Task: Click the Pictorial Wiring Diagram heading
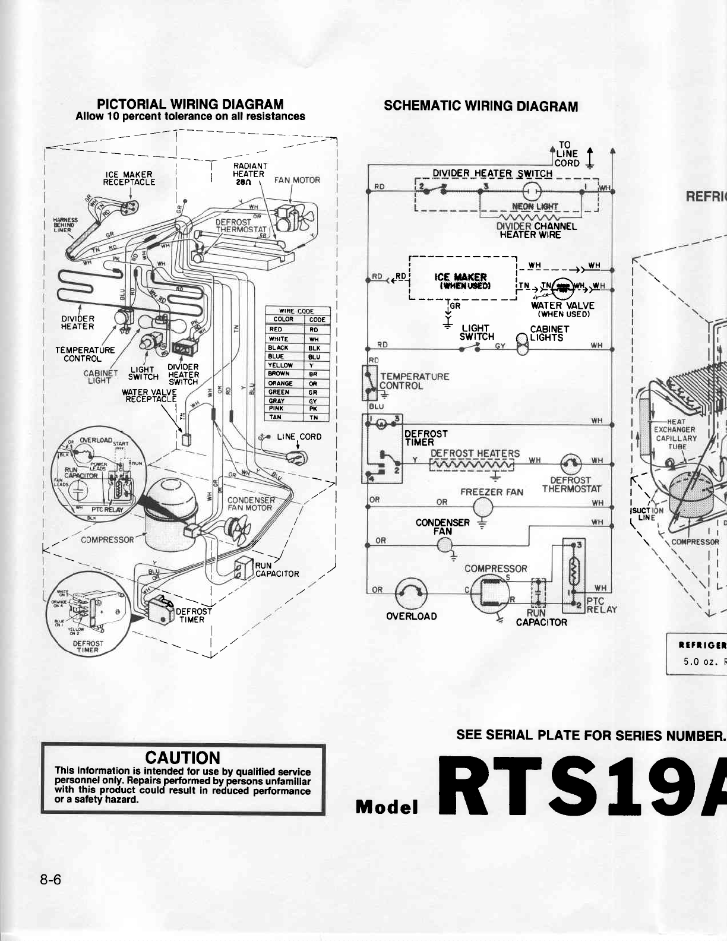click(x=190, y=105)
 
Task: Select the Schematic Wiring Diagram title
click(x=481, y=106)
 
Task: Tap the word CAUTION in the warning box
click(x=183, y=757)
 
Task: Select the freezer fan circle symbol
click(x=483, y=507)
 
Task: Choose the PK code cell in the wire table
click(x=314, y=408)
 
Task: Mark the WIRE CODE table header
click(x=297, y=311)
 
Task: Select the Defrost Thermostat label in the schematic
click(x=571, y=485)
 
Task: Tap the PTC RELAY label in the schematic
click(x=601, y=605)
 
